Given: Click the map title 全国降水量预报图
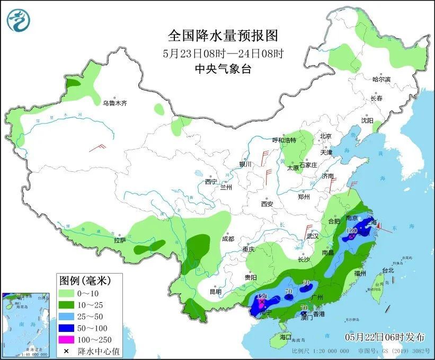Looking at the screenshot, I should click(x=223, y=36).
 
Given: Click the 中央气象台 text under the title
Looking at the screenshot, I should click(x=223, y=68).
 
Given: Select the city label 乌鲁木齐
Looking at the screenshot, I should click(x=115, y=103).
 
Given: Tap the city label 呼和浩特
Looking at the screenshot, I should click(x=285, y=140).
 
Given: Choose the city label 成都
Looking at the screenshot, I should click(x=228, y=239).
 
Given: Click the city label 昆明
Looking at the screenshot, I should click(x=215, y=292).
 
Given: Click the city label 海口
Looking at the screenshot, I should click(x=286, y=337).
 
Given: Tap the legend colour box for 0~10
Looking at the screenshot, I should click(x=66, y=293).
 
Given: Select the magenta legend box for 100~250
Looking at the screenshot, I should click(x=66, y=340).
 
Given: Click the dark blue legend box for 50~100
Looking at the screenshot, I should click(x=66, y=328).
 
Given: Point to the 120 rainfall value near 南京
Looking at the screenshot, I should click(x=351, y=231).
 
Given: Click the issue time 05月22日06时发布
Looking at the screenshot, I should click(x=385, y=337).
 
